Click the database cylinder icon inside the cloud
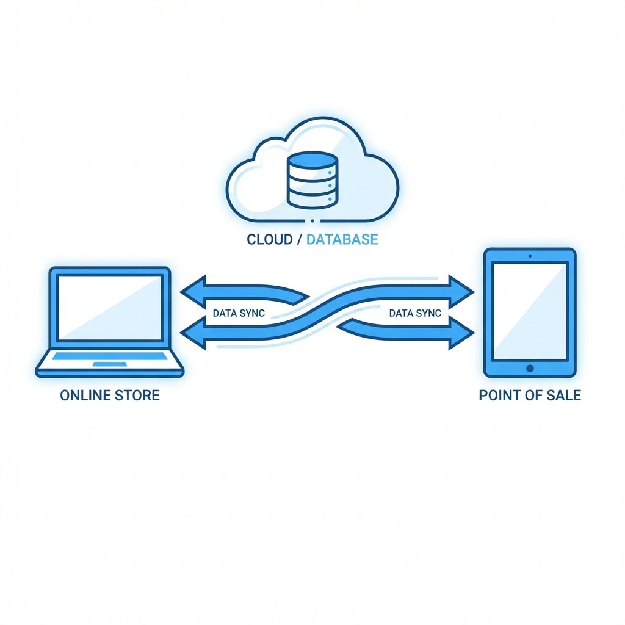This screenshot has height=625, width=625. point(312,179)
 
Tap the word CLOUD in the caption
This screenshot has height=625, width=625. point(269,239)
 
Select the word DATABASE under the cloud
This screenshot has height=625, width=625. point(342,239)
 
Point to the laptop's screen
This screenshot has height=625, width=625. point(109,308)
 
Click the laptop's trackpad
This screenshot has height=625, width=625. point(110,364)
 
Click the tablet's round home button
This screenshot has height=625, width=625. point(529,368)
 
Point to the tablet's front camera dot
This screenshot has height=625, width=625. point(529,255)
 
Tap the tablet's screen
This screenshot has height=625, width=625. point(529,311)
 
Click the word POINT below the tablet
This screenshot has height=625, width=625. point(500,395)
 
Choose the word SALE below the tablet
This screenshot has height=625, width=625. point(562,395)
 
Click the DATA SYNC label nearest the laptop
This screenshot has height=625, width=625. point(238,314)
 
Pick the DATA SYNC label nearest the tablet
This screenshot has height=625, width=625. point(414,314)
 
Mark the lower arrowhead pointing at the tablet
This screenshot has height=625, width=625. point(462,335)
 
